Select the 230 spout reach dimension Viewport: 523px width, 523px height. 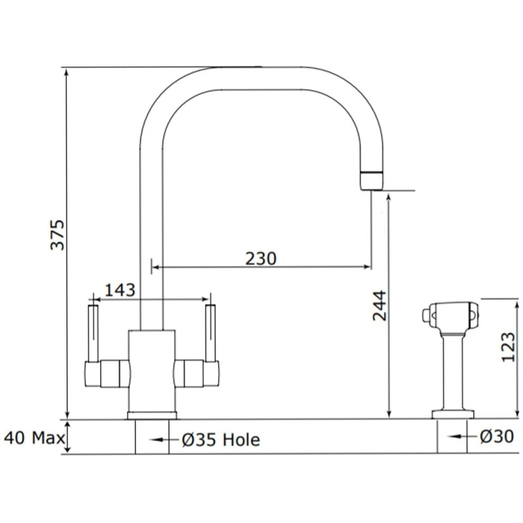click(260, 259)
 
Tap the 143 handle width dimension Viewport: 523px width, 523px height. click(120, 290)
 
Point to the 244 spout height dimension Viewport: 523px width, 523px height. click(380, 305)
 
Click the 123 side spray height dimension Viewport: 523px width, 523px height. click(508, 346)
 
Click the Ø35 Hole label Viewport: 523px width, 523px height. click(221, 439)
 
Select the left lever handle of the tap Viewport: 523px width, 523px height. click(93, 332)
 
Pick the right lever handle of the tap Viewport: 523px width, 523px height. click(211, 332)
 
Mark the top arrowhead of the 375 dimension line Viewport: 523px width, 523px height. click(66, 73)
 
